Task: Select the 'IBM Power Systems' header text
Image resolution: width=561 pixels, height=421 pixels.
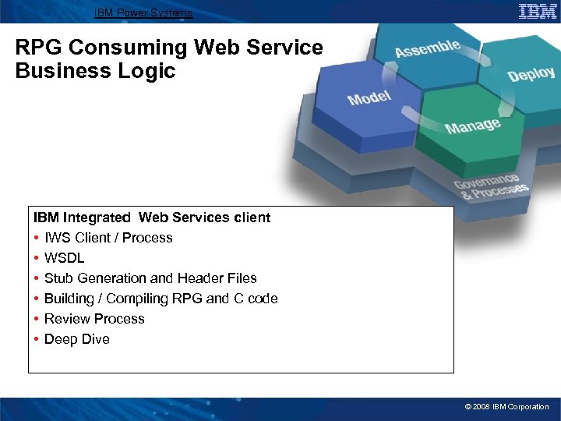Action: coord(143,12)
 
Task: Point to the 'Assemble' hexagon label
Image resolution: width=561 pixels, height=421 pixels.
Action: coord(428,48)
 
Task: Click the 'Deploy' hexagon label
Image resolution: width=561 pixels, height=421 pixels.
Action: coord(531,74)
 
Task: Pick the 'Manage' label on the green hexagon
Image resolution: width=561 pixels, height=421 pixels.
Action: coord(472,125)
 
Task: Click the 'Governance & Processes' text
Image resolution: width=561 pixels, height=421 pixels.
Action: coord(492,185)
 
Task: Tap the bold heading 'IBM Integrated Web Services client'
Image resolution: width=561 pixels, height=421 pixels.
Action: coord(152,218)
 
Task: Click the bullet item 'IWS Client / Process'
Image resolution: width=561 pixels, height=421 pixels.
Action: coord(108,238)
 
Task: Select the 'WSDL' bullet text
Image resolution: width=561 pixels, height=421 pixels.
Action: coord(65,258)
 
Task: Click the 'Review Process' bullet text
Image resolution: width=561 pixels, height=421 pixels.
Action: coord(94,319)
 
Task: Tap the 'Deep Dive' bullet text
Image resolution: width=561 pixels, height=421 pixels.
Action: coord(77,339)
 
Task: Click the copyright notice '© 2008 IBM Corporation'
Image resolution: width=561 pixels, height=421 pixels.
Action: coord(506,407)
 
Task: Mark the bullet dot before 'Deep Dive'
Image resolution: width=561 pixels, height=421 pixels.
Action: coord(37,339)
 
